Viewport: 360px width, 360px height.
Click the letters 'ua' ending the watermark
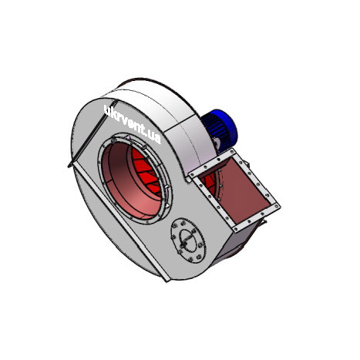(155, 139)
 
